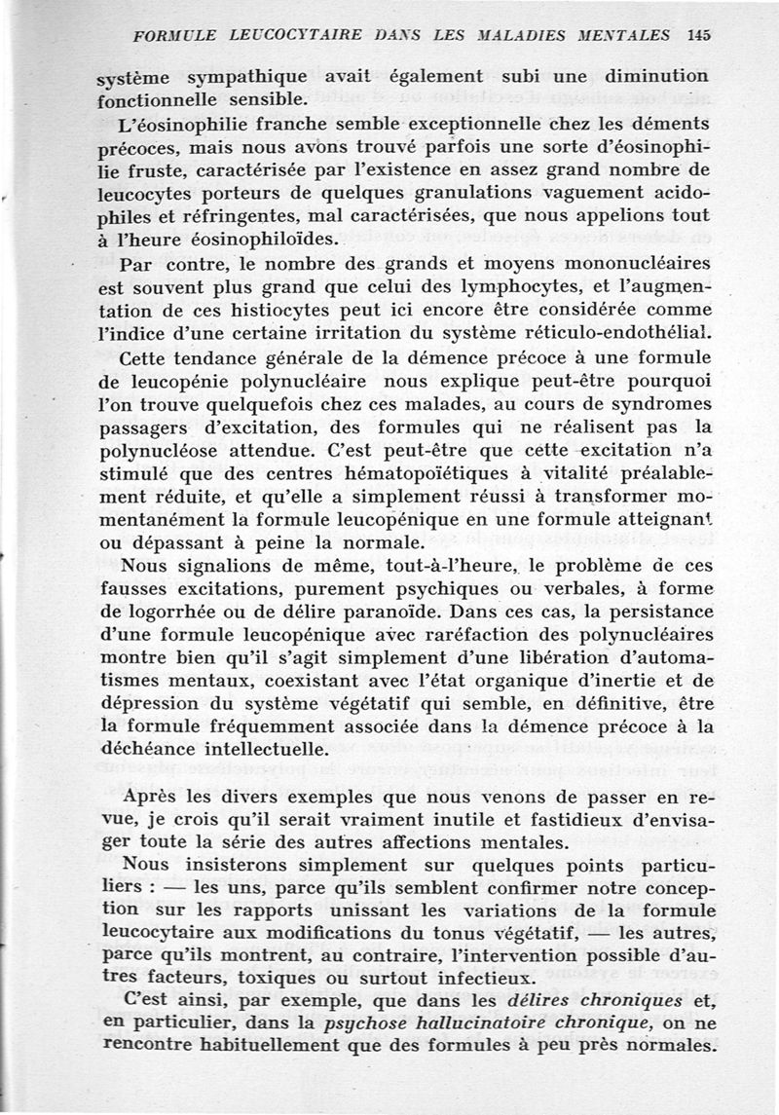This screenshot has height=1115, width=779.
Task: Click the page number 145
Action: click(x=698, y=34)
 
